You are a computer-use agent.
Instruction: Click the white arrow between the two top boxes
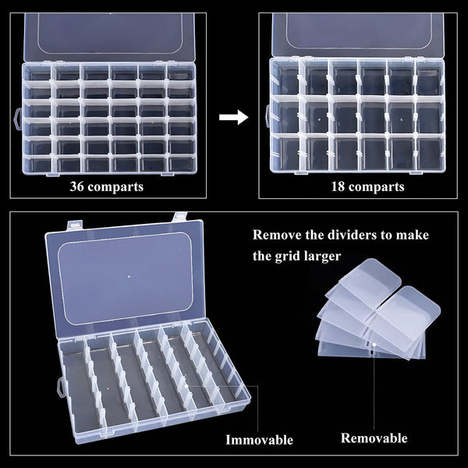[x=233, y=118]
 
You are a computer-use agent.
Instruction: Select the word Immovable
[x=260, y=440]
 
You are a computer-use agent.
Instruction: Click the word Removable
[x=374, y=438]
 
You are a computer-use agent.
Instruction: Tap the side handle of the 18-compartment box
[x=266, y=114]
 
